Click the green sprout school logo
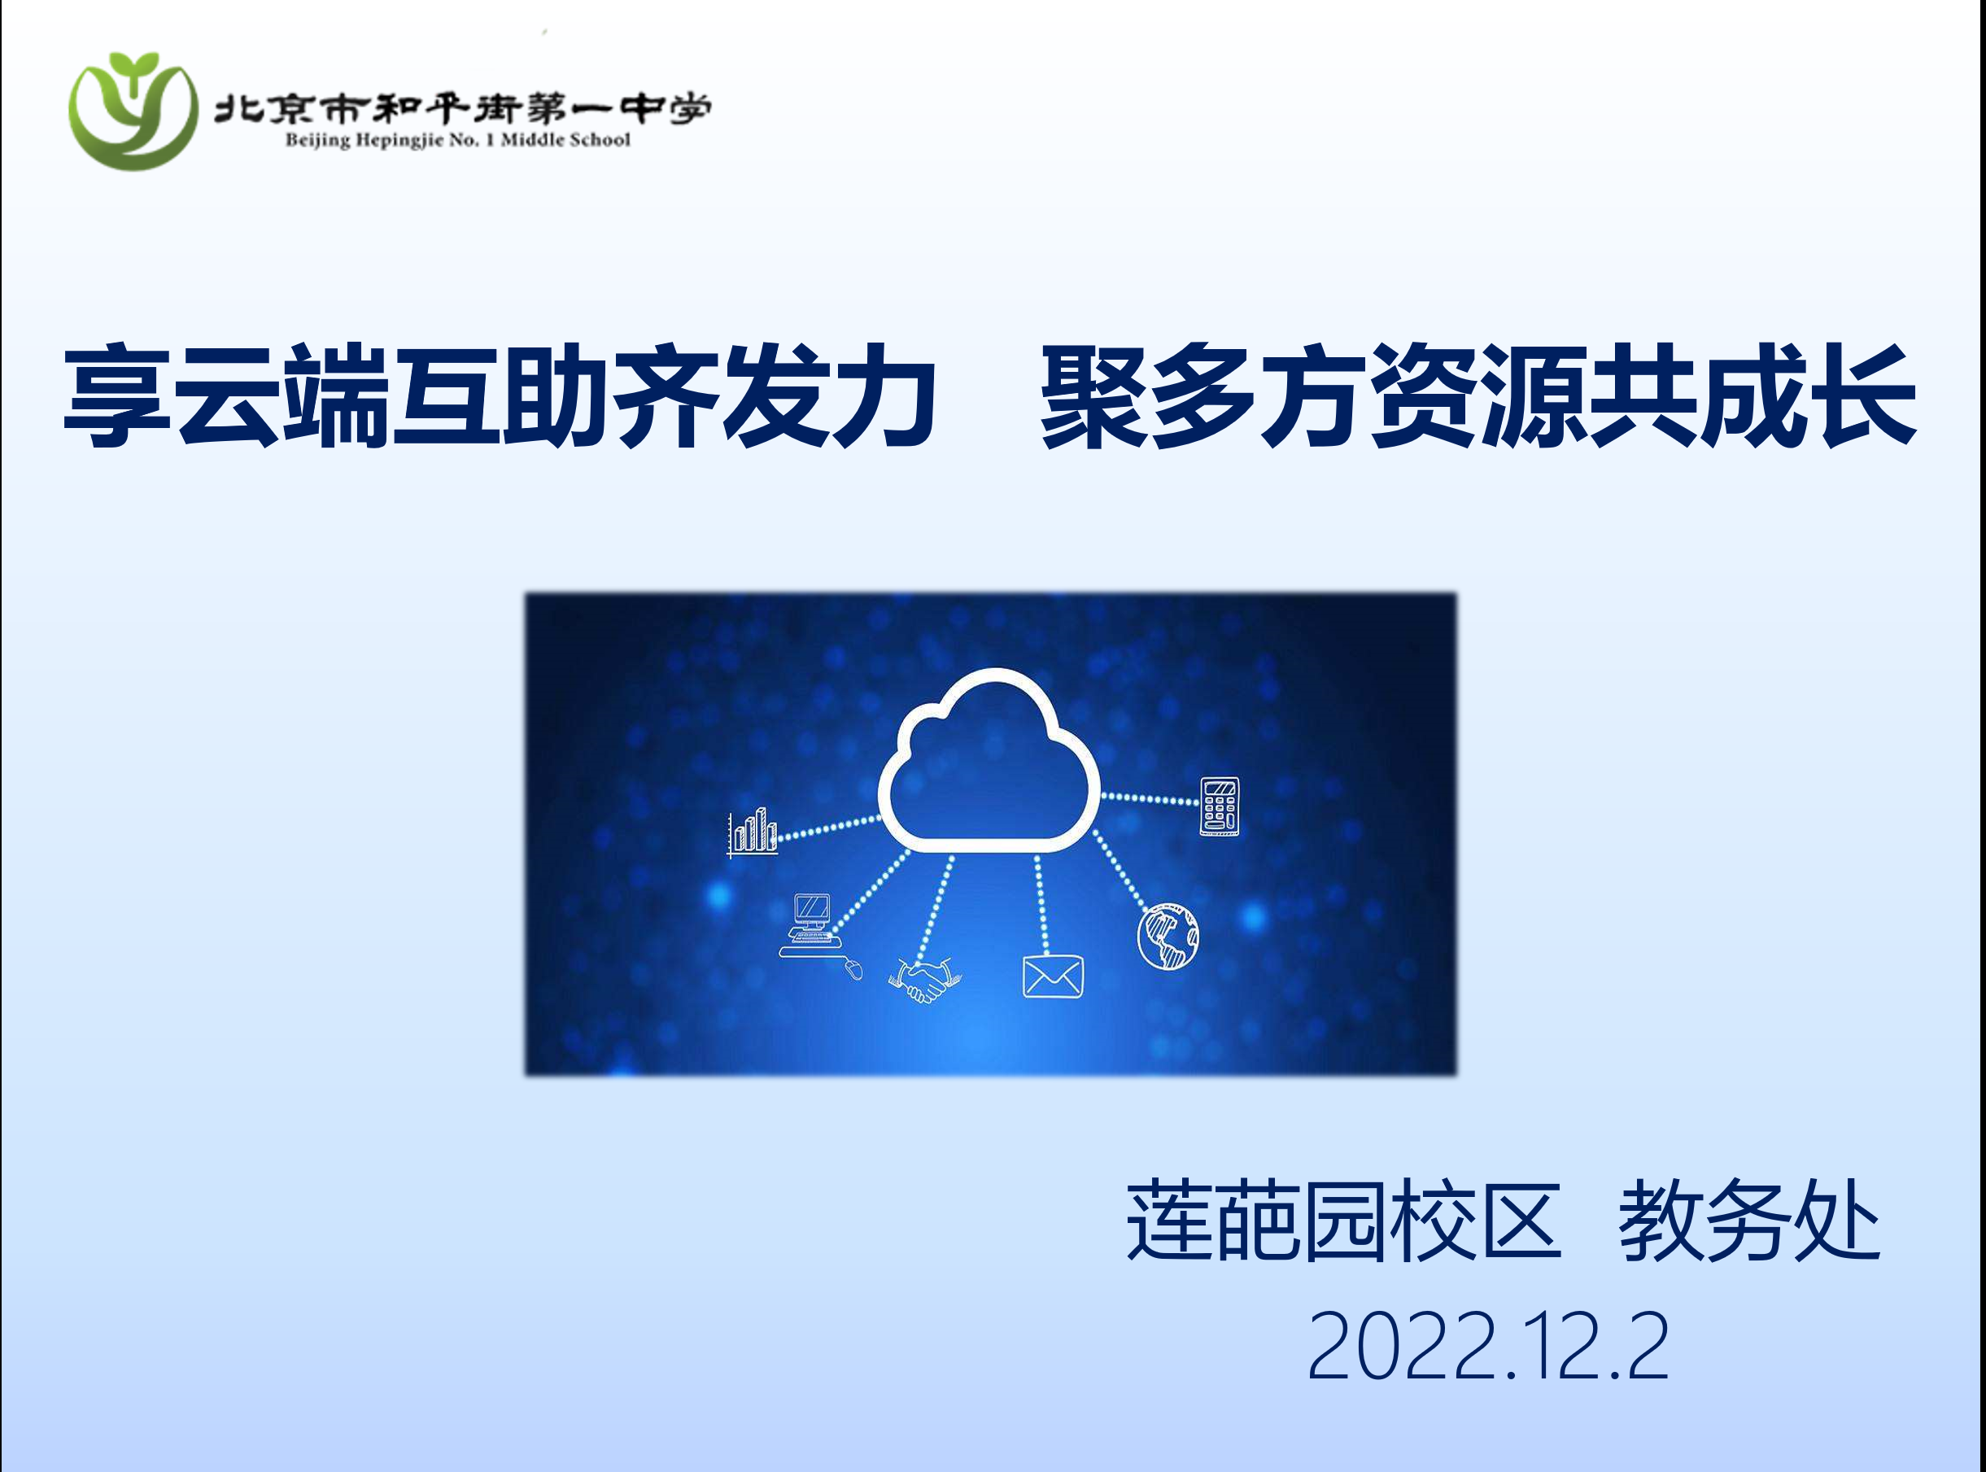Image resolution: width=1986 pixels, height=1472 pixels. [133, 111]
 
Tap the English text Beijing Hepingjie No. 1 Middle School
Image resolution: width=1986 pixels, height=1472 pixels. [457, 140]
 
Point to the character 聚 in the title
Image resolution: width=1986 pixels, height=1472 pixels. [1095, 395]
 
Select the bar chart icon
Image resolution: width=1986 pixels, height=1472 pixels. [752, 832]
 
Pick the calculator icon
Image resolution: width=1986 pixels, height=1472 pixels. [1219, 806]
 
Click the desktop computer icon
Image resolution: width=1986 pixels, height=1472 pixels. [811, 925]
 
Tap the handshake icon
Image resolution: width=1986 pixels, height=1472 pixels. [925, 981]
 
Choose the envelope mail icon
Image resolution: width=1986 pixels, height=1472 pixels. [1052, 976]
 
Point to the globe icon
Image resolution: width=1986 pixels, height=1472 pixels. [1168, 937]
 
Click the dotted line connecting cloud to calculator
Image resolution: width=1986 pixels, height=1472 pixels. [1150, 798]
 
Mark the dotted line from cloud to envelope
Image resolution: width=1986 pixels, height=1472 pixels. [1041, 904]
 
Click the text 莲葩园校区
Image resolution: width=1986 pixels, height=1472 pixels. [1342, 1220]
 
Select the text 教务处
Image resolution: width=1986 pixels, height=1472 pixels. [1749, 1220]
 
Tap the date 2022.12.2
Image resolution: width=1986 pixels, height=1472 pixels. [1487, 1347]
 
